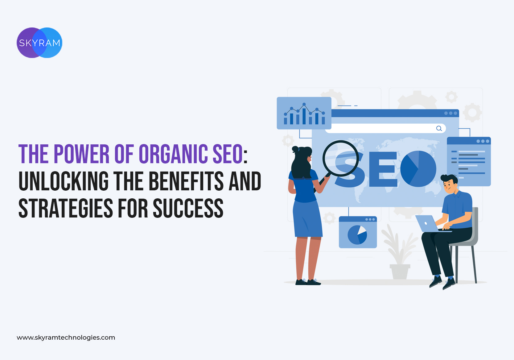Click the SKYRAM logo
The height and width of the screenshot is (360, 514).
(39, 43)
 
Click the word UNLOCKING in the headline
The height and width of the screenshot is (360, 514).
(64, 181)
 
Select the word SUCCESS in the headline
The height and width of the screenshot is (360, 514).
(188, 208)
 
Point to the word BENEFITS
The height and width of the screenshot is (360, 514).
(186, 181)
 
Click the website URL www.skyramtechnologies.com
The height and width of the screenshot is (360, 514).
(66, 337)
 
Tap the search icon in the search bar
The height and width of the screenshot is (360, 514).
(439, 128)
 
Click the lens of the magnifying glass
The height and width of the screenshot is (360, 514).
(341, 158)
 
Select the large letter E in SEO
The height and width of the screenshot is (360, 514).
(383, 169)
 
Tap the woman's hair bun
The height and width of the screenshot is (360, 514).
(295, 149)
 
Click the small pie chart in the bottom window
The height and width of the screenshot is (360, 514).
(357, 235)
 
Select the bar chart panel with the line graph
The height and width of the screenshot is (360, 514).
(304, 113)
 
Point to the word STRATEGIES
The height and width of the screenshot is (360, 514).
(66, 208)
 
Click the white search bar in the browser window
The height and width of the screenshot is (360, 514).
(385, 128)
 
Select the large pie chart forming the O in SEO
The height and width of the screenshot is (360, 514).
(418, 169)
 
